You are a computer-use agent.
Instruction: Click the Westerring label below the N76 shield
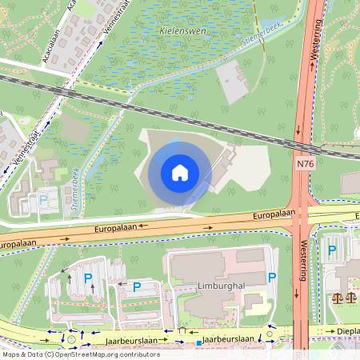click(x=303, y=261)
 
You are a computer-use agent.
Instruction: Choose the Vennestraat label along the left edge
click(x=14, y=152)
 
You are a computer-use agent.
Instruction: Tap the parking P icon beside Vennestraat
click(x=43, y=200)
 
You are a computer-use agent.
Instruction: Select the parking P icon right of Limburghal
click(x=273, y=278)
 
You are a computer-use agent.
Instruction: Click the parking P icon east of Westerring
click(x=332, y=250)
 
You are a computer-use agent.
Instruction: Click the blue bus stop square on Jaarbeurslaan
click(x=198, y=344)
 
